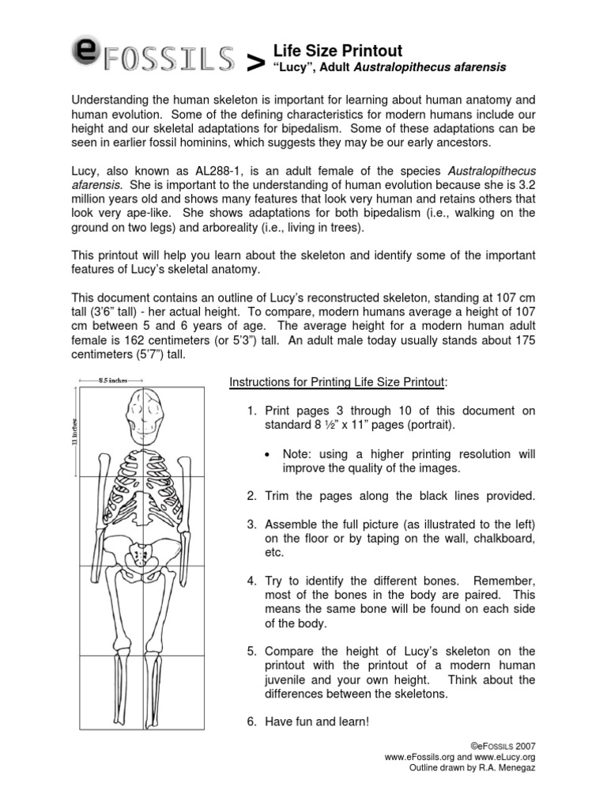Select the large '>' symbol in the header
coord(255,66)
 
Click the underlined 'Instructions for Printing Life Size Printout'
coord(338,383)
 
